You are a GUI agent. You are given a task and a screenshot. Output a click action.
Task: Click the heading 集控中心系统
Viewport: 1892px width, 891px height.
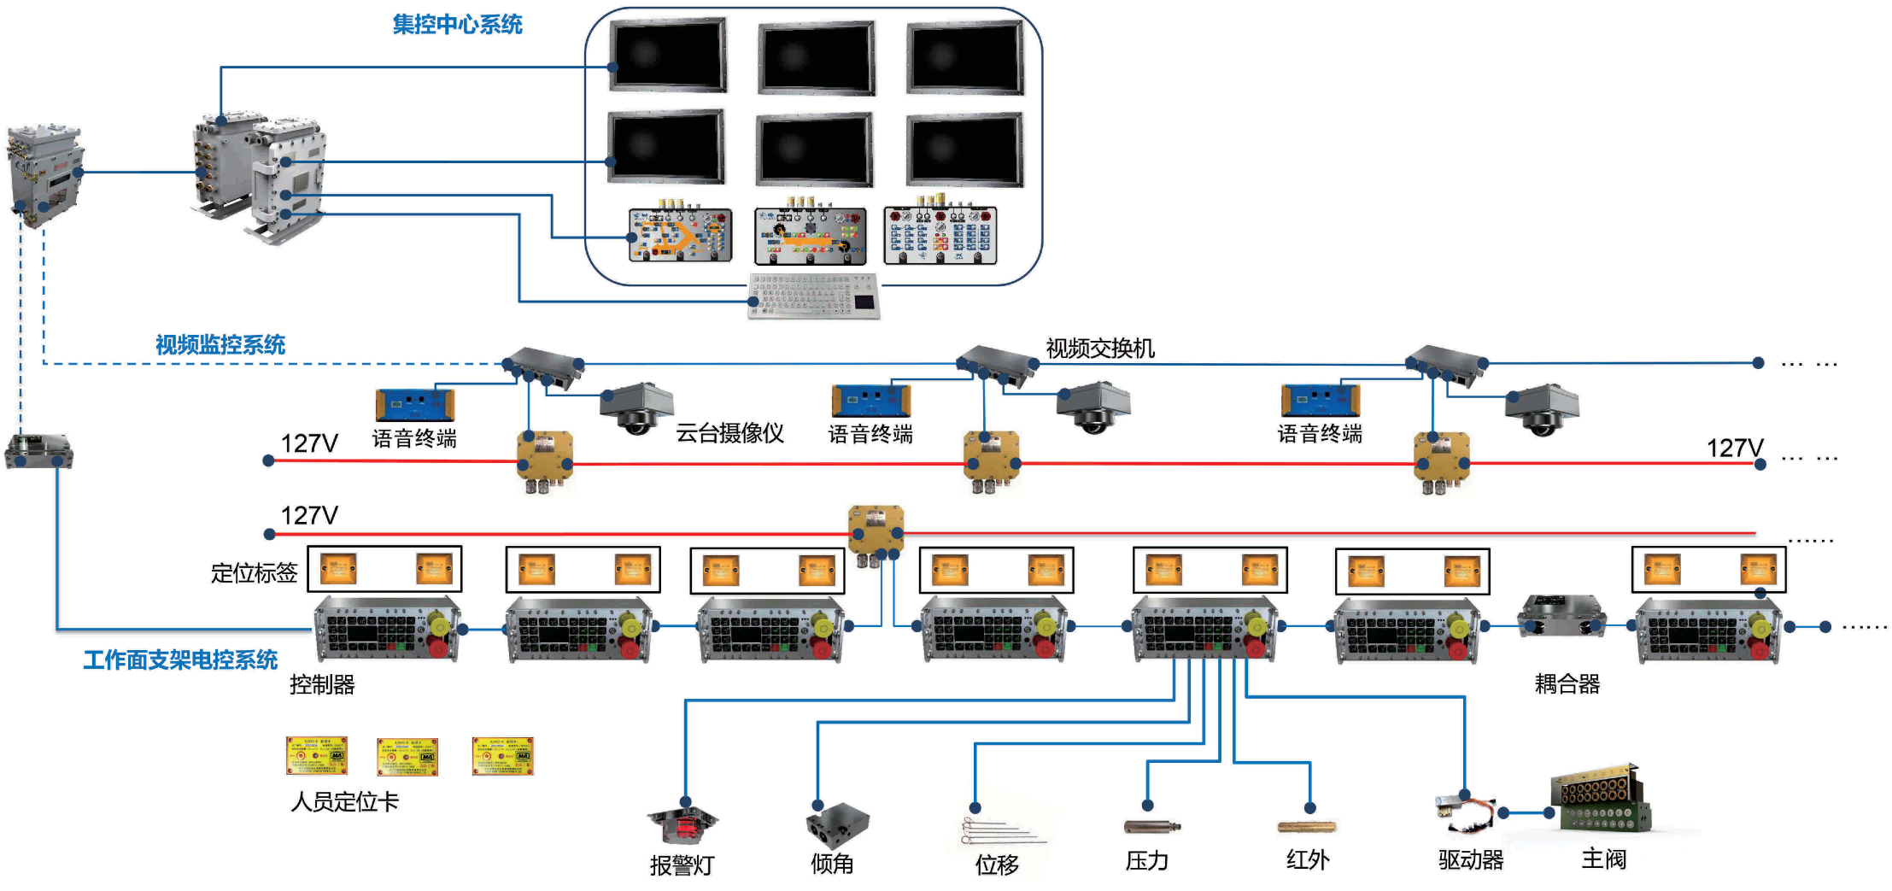point(457,25)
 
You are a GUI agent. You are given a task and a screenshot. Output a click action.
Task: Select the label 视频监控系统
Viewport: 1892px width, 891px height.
point(220,345)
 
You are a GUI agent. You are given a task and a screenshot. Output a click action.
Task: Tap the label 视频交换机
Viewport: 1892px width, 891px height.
point(1099,349)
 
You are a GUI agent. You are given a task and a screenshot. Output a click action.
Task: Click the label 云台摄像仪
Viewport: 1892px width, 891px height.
point(729,433)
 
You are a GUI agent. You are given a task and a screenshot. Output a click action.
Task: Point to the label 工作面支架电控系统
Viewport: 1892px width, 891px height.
point(180,660)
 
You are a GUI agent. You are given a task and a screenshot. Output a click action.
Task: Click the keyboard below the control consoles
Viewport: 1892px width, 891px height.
point(813,295)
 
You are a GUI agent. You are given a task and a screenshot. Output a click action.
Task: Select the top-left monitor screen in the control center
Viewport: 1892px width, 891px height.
point(668,55)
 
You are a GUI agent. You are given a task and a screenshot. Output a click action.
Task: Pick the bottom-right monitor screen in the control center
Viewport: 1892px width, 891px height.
point(964,149)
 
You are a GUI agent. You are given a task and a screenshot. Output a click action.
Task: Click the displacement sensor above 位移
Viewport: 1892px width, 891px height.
point(999,829)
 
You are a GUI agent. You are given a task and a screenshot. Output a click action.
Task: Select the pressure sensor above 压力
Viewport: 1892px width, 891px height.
point(1151,826)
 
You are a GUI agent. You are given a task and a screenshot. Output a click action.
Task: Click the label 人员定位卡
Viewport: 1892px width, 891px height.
point(344,802)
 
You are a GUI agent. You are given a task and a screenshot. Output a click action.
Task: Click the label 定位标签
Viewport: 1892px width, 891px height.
point(254,573)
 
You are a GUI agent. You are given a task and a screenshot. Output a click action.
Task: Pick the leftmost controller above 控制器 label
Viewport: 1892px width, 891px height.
point(387,630)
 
